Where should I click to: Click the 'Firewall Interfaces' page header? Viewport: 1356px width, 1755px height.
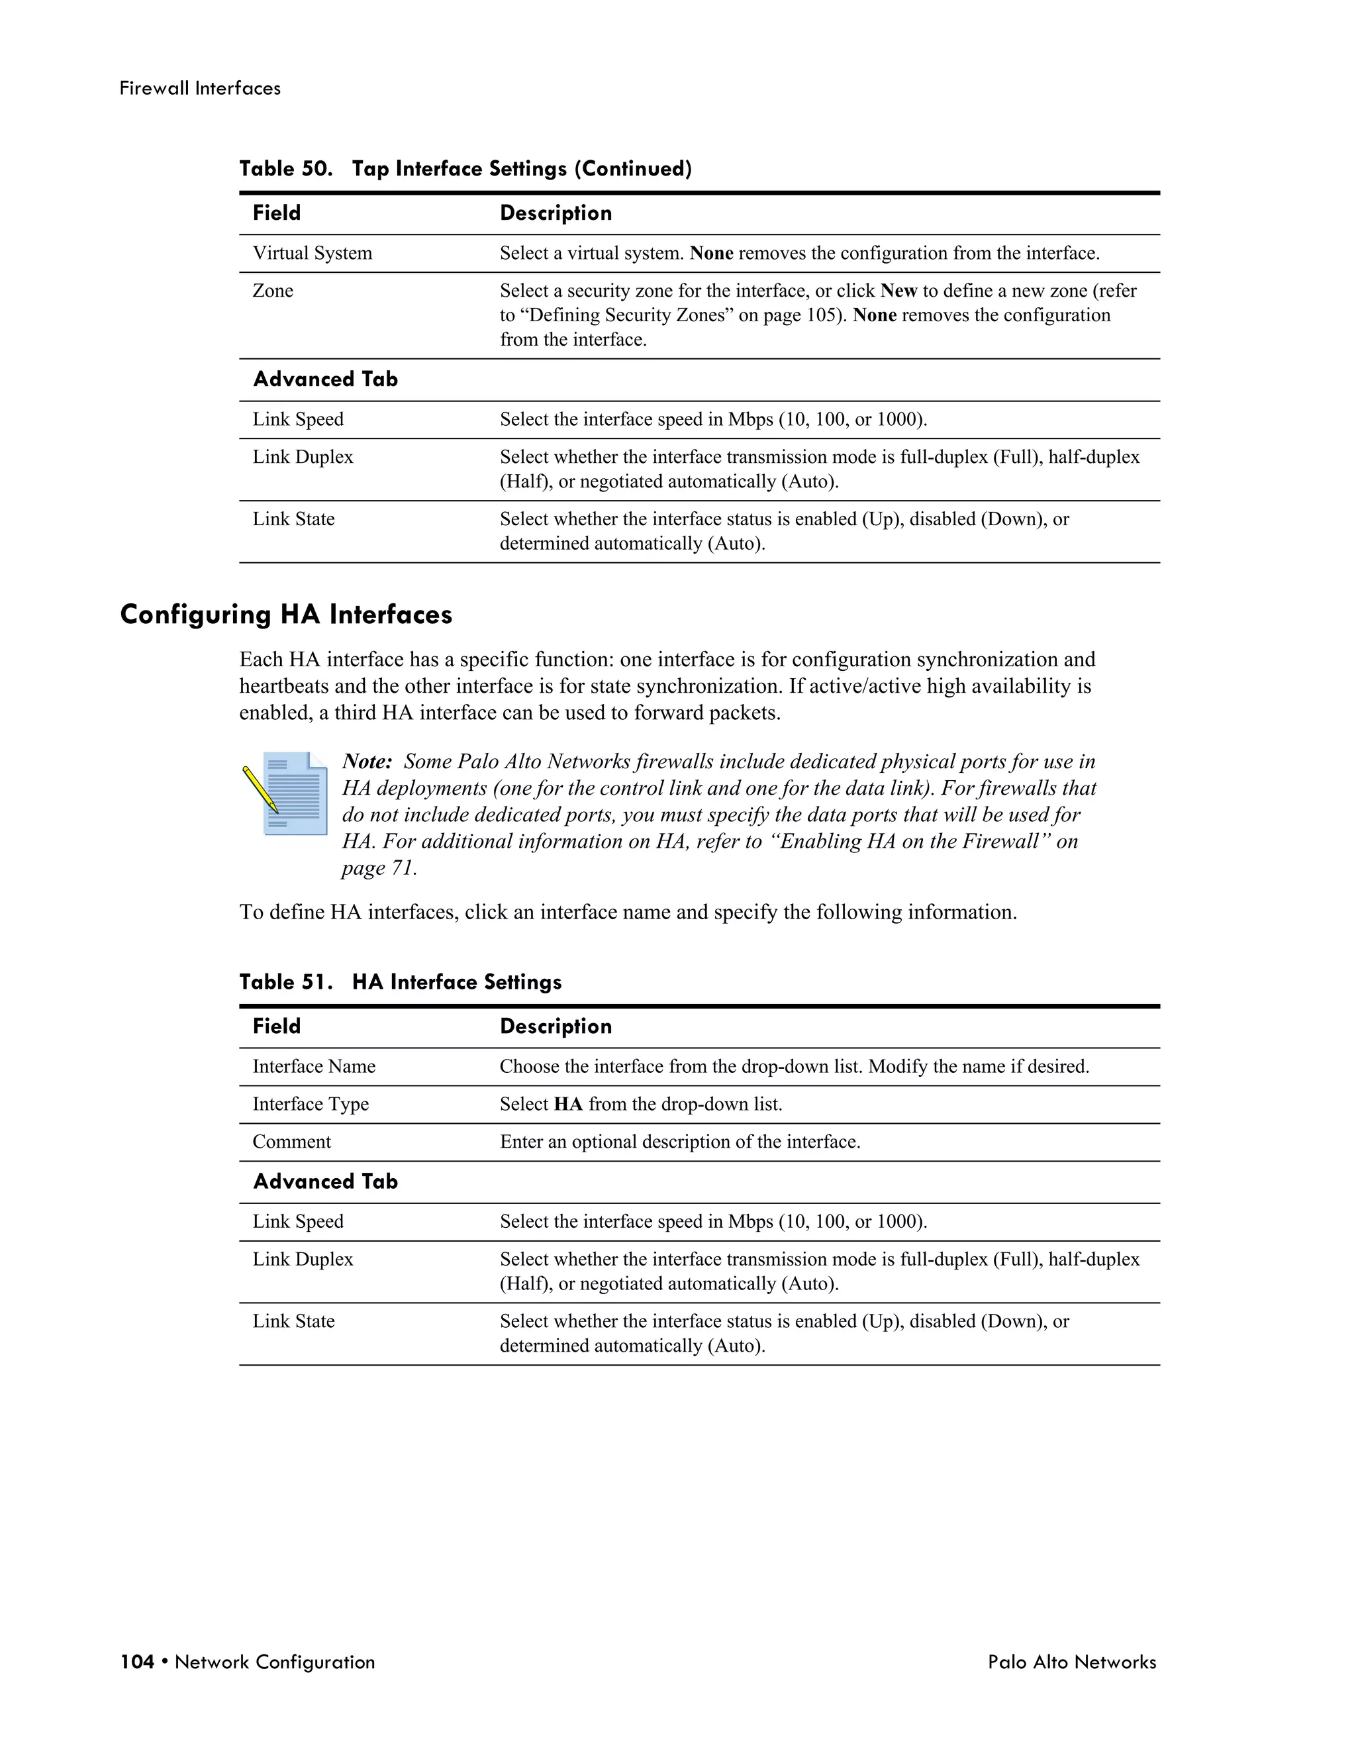click(200, 88)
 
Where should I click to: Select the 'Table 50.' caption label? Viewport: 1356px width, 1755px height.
click(285, 169)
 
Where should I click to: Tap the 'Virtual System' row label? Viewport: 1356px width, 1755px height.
click(313, 253)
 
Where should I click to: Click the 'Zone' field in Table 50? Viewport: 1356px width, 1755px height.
click(273, 291)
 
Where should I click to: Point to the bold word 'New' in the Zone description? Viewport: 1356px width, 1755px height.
click(898, 291)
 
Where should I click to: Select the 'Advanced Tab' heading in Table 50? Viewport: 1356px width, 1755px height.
click(325, 379)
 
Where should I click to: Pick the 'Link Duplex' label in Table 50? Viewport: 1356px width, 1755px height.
click(303, 457)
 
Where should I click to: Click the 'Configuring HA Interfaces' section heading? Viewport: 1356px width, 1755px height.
click(286, 615)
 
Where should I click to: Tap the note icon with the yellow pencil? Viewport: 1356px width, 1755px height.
click(286, 793)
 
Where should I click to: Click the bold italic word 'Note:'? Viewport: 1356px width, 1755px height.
click(367, 762)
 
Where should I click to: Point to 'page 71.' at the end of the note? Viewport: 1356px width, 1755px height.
click(379, 868)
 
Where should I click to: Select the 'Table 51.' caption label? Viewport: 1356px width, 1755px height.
click(285, 982)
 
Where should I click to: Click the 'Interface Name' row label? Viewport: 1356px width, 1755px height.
click(314, 1066)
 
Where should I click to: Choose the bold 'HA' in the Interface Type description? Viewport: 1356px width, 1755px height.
click(568, 1104)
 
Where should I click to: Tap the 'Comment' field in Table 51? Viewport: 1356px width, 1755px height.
click(291, 1142)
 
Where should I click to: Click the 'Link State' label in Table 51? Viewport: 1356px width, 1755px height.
click(293, 1321)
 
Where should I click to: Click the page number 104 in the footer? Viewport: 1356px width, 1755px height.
click(136, 1662)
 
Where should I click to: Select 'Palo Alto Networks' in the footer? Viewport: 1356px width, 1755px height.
click(1072, 1662)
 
